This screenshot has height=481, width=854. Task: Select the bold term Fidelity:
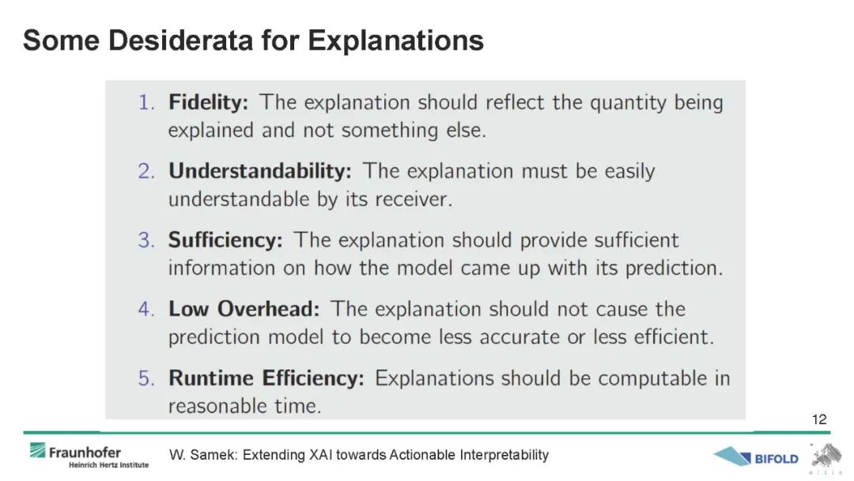tap(208, 102)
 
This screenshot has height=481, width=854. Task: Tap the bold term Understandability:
tap(260, 172)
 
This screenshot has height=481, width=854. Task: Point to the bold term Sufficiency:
tap(225, 240)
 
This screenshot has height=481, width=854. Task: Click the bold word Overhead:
tap(269, 309)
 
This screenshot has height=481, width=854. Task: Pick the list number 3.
tap(146, 240)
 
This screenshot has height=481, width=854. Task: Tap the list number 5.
tap(146, 378)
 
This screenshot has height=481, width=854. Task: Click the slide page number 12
tap(819, 419)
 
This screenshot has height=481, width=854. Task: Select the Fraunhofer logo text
tap(85, 453)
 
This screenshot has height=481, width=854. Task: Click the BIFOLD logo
tap(756, 457)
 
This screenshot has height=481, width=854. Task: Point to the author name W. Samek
tap(202, 455)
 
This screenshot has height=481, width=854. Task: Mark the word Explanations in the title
tap(396, 41)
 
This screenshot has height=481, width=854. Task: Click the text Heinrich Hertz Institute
tap(108, 465)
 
